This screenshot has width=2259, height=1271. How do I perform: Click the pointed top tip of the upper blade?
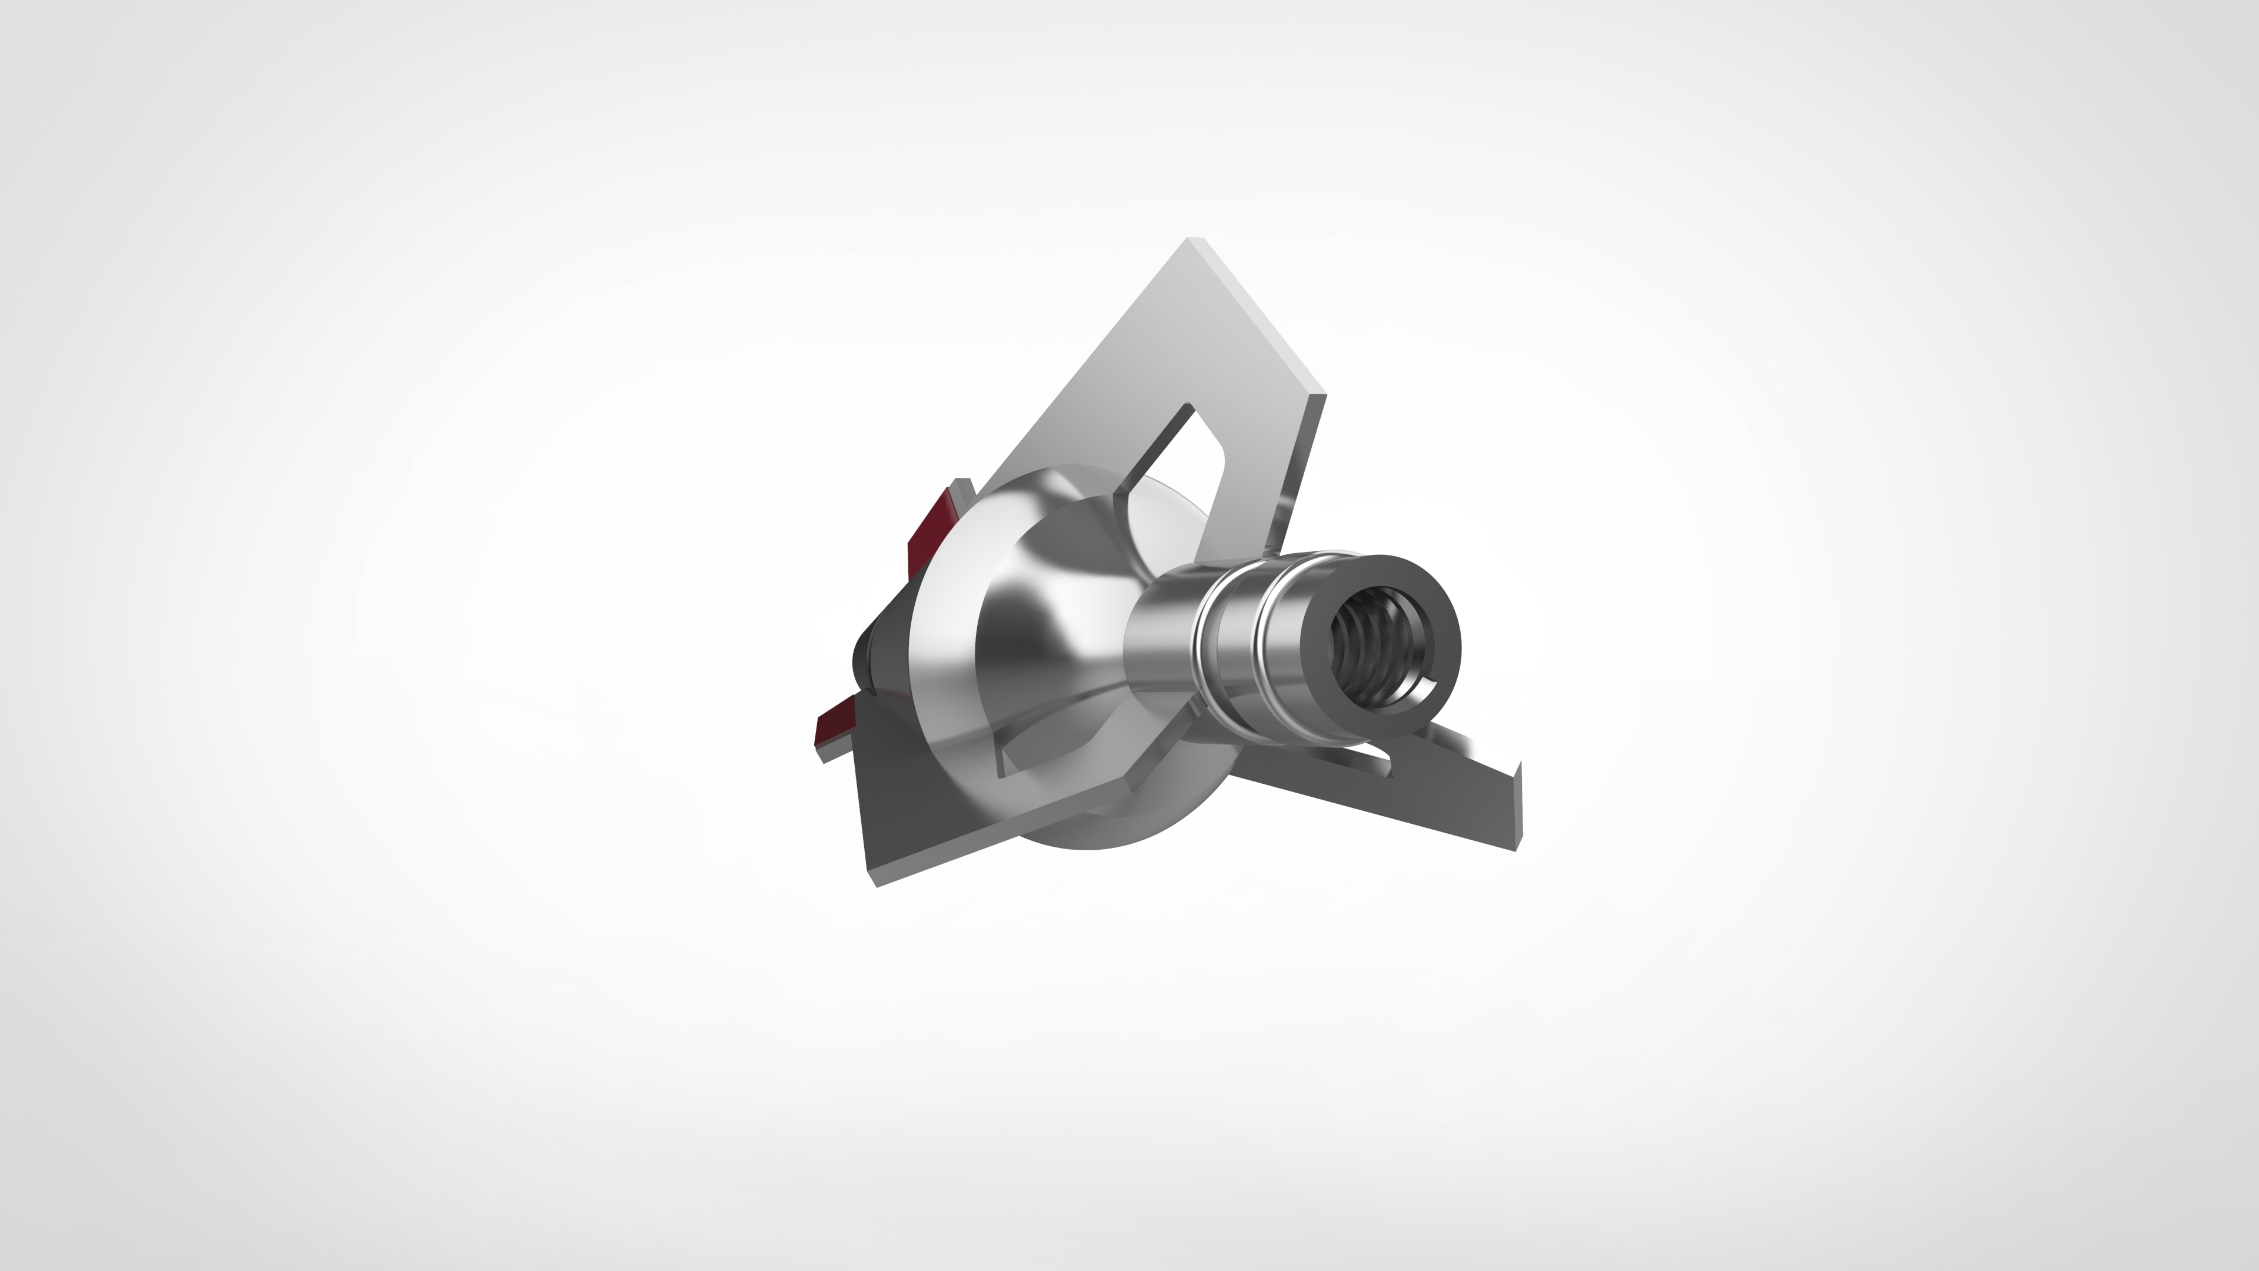[x=1190, y=238]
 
